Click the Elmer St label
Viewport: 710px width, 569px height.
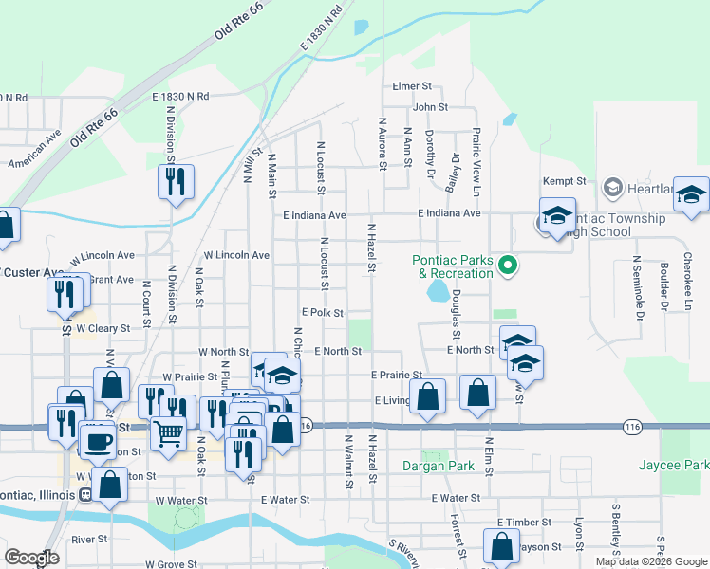tap(412, 86)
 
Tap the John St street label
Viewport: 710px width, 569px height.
tap(429, 107)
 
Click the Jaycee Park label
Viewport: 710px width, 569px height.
tap(685, 466)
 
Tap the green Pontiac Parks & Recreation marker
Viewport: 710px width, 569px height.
tap(508, 265)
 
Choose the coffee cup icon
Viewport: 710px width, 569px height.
tap(97, 440)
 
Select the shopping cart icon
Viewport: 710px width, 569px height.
tap(169, 433)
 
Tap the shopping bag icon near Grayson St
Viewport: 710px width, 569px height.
tap(501, 546)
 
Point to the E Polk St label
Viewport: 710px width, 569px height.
tap(322, 312)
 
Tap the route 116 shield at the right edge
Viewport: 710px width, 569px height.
tap(632, 428)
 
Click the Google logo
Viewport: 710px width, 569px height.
tap(31, 558)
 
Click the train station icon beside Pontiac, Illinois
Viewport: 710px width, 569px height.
tap(85, 493)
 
